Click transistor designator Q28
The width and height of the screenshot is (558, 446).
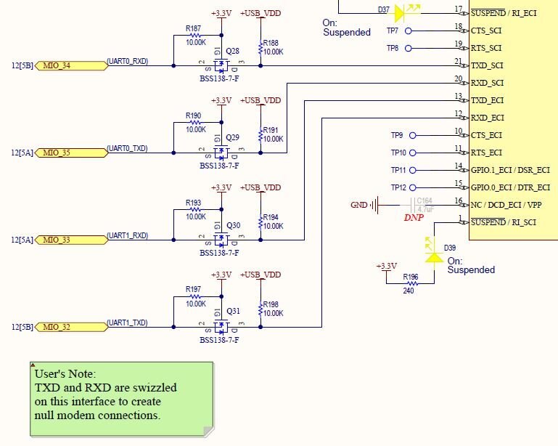(x=233, y=51)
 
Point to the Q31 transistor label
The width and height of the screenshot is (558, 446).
(x=233, y=312)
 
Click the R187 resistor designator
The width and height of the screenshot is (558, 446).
(x=193, y=28)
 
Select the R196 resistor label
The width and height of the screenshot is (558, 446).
(x=411, y=277)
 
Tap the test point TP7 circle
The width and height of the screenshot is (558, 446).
(x=409, y=31)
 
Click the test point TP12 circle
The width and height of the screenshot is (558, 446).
(x=411, y=187)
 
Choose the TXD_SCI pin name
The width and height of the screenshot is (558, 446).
(x=488, y=65)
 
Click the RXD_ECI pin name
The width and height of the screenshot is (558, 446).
(x=488, y=118)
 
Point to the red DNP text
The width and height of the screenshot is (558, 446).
(x=414, y=217)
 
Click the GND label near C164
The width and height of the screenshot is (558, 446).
(x=358, y=205)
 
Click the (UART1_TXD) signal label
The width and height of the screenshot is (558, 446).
(x=127, y=323)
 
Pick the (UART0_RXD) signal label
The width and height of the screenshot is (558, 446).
(x=127, y=61)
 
